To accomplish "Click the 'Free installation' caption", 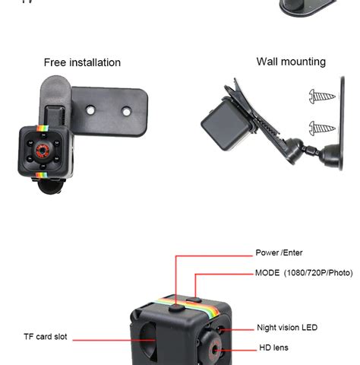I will pos(82,62).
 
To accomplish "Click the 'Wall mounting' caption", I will pos(291,62).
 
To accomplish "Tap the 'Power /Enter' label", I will pos(279,252).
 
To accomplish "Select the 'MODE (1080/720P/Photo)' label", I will pos(304,272).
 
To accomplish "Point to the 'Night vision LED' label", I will pos(287,328).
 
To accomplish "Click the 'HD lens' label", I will pos(273,348).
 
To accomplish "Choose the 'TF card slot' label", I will pos(45,336).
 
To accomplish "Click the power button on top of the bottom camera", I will pos(176,307).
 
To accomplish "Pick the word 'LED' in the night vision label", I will pos(309,328).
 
